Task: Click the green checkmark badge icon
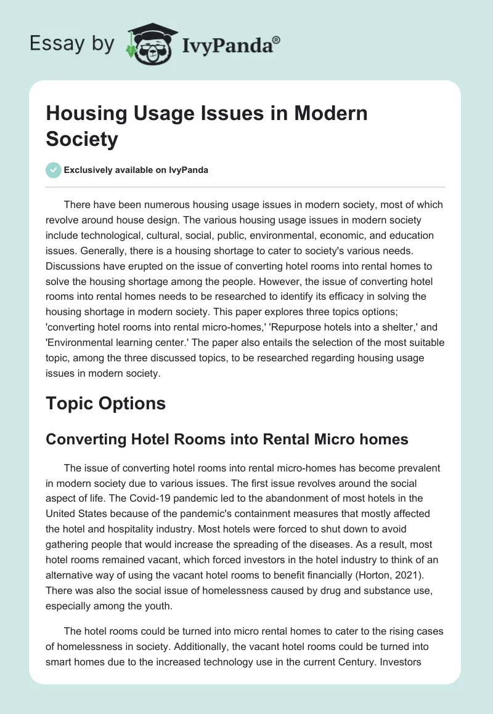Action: click(x=53, y=170)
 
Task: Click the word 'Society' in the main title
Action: click(x=81, y=139)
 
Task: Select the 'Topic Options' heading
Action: click(x=105, y=403)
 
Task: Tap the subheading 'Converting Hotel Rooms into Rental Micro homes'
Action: click(x=227, y=439)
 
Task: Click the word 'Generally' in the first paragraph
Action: click(x=70, y=252)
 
